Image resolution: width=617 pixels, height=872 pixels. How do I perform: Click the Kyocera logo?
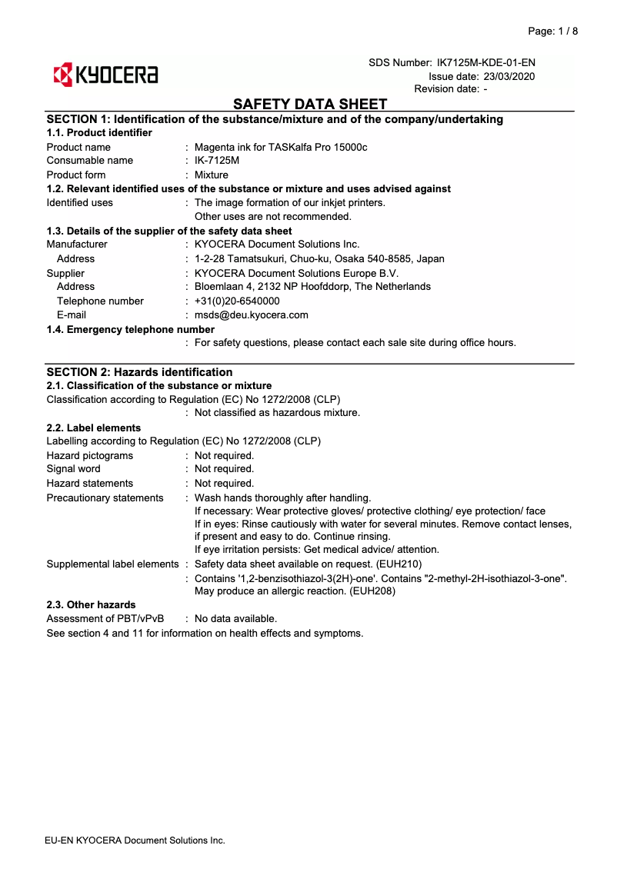(105, 75)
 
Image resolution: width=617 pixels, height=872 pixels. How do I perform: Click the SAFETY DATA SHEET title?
(310, 104)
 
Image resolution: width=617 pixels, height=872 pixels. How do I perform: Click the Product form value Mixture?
(212, 175)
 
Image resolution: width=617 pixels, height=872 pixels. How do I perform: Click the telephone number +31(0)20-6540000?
(237, 301)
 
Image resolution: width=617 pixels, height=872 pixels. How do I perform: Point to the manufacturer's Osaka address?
(319, 258)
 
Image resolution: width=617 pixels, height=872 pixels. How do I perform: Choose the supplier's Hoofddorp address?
(312, 287)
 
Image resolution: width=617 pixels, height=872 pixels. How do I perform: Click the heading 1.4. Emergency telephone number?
(130, 329)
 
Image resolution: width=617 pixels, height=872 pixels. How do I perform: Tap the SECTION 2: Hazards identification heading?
(139, 372)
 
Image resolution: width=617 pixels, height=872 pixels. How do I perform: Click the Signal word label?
(73, 469)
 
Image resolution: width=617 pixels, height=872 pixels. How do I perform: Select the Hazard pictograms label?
(89, 455)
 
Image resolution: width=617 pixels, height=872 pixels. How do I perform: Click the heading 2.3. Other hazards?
(91, 605)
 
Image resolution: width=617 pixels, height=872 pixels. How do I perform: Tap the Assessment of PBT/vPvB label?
(105, 619)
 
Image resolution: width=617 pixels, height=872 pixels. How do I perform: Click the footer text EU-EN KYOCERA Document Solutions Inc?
(135, 840)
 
